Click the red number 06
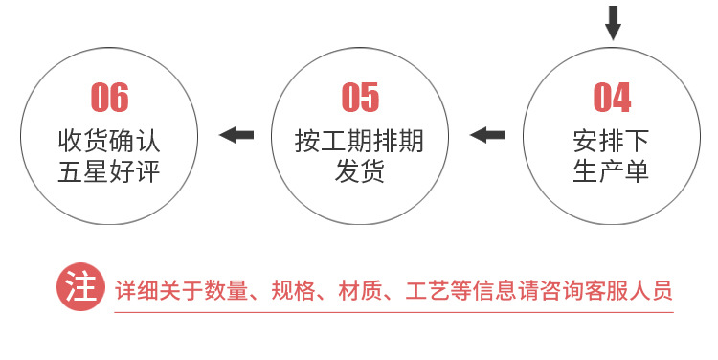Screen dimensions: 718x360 click(x=109, y=98)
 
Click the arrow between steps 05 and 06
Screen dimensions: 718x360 click(x=237, y=135)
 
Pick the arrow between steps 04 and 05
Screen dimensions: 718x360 click(x=487, y=135)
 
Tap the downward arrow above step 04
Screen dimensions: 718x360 click(x=613, y=22)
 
